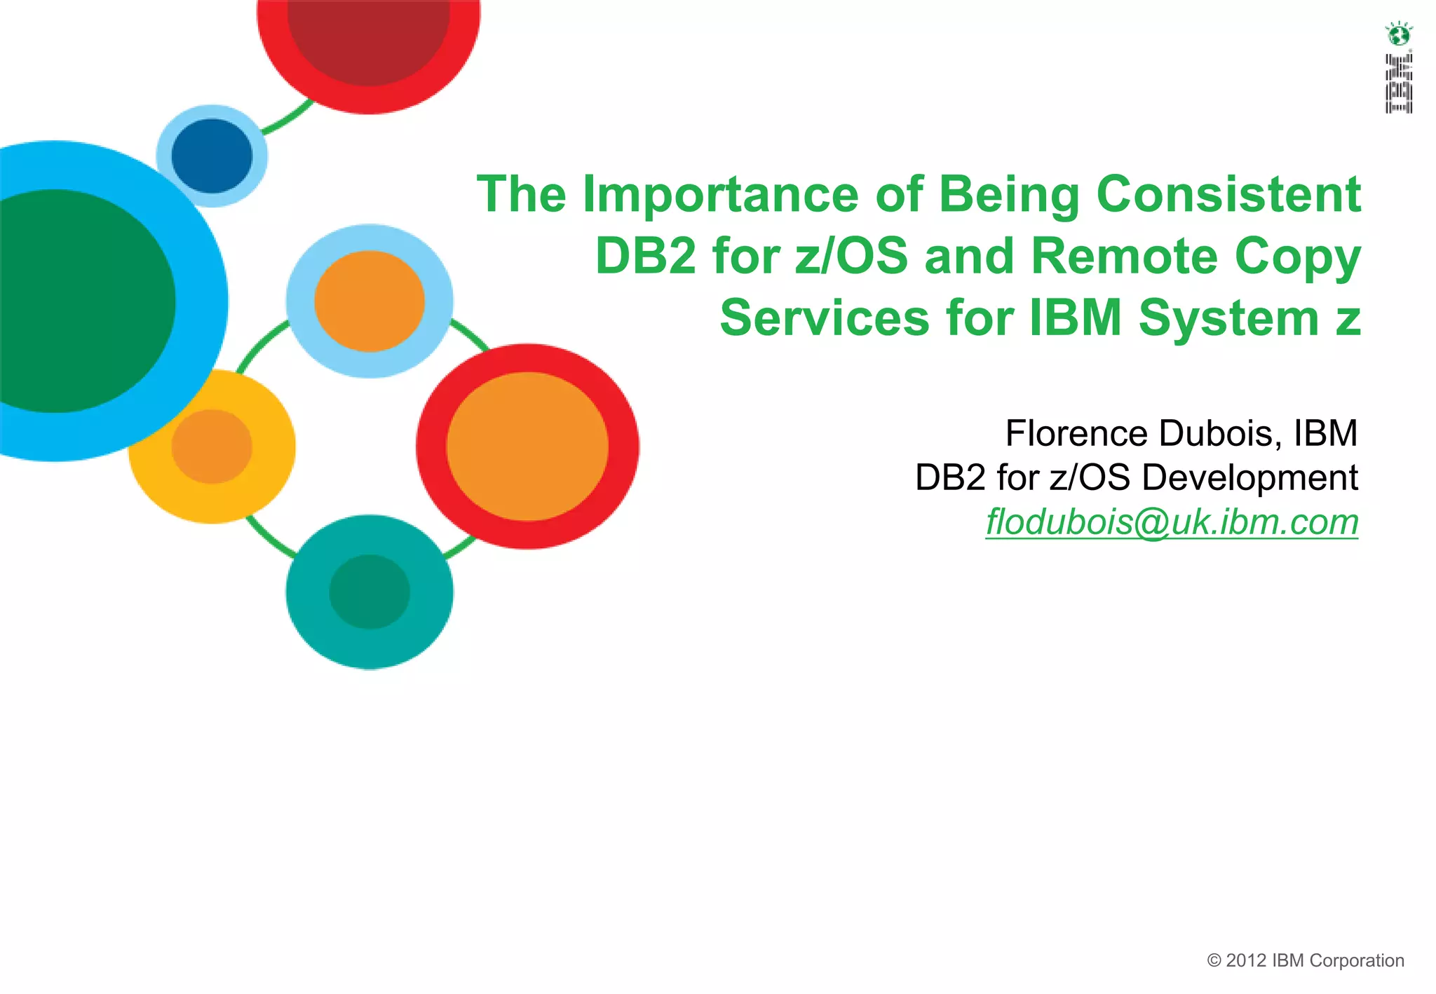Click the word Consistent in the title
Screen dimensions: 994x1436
click(1228, 194)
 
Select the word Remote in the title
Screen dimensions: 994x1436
click(1124, 256)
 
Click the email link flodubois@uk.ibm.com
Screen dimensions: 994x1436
click(1172, 522)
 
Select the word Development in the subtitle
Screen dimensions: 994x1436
click(1249, 477)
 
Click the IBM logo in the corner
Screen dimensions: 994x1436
click(1398, 83)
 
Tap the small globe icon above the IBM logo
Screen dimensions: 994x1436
click(1398, 33)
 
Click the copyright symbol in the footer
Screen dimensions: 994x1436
click(1214, 961)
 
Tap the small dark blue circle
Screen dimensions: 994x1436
click(212, 156)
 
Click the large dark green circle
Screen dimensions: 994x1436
click(63, 301)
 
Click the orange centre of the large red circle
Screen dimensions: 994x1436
click(527, 447)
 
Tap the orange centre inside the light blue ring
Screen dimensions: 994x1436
click(370, 301)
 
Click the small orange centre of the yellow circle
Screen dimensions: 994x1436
click(212, 447)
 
